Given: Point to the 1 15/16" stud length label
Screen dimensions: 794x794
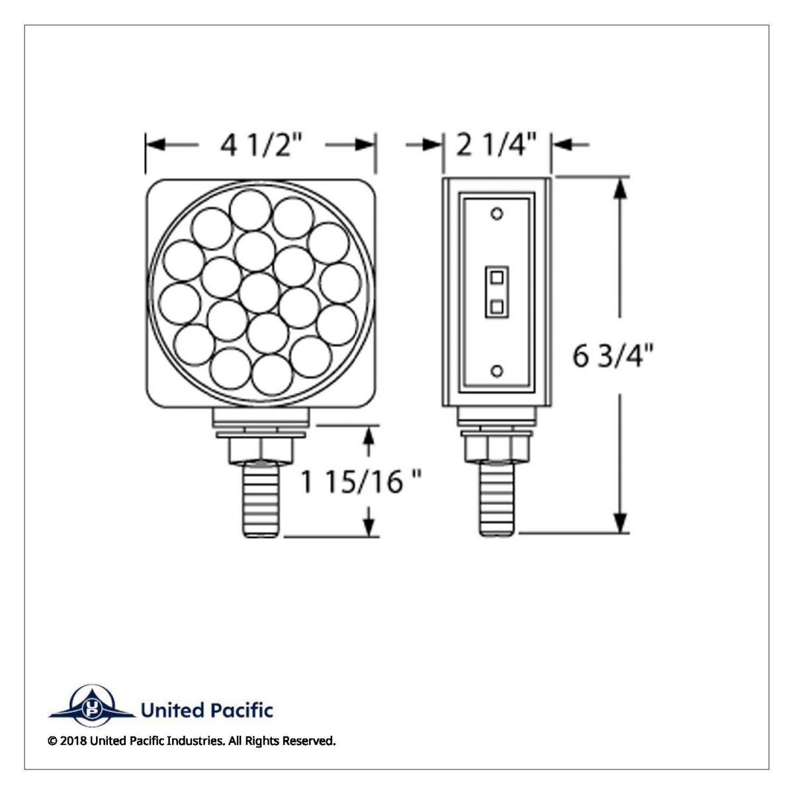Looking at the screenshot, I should tap(362, 482).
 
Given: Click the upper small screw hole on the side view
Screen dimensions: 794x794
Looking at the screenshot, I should tap(498, 214).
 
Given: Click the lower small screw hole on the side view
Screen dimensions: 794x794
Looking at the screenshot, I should tap(498, 371).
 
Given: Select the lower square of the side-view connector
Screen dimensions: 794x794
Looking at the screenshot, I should tap(497, 306).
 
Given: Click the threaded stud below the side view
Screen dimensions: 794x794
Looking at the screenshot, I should tap(497, 500).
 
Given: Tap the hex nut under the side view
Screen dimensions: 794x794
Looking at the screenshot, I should tap(490, 449).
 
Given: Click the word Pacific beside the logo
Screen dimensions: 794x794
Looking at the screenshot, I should tap(241, 711).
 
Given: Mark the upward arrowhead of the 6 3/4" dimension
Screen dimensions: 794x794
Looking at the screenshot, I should tap(620, 189).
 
